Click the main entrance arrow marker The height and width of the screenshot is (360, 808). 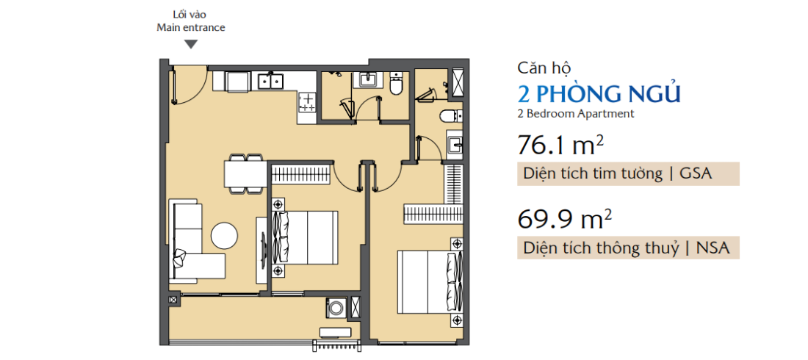191,45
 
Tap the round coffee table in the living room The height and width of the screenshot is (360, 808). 224,236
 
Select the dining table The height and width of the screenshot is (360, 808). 245,174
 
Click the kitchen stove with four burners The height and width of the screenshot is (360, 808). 307,102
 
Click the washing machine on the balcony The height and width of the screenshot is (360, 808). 336,307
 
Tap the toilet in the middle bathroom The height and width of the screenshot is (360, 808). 396,84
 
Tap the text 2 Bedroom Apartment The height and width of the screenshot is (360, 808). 575,114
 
